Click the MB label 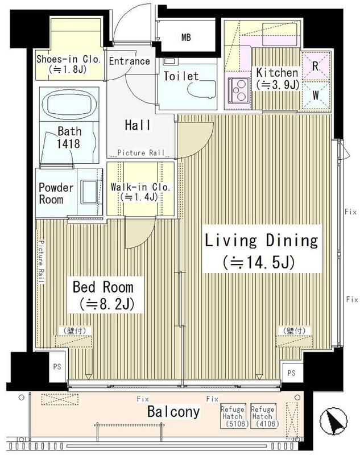tap(186, 37)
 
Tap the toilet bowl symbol tap(202, 89)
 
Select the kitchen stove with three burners tap(239, 90)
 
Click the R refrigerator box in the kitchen tap(316, 66)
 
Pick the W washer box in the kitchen tap(316, 95)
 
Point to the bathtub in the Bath tap(69, 103)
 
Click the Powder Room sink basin tap(89, 192)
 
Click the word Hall tap(138, 125)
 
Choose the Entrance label tap(129, 61)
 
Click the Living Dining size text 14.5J tap(259, 262)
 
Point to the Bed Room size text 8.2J tap(107, 304)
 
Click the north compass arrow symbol tap(333, 420)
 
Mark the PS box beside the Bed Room tap(57, 367)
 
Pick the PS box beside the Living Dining tap(292, 373)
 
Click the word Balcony tap(173, 411)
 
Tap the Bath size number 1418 tap(68, 143)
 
